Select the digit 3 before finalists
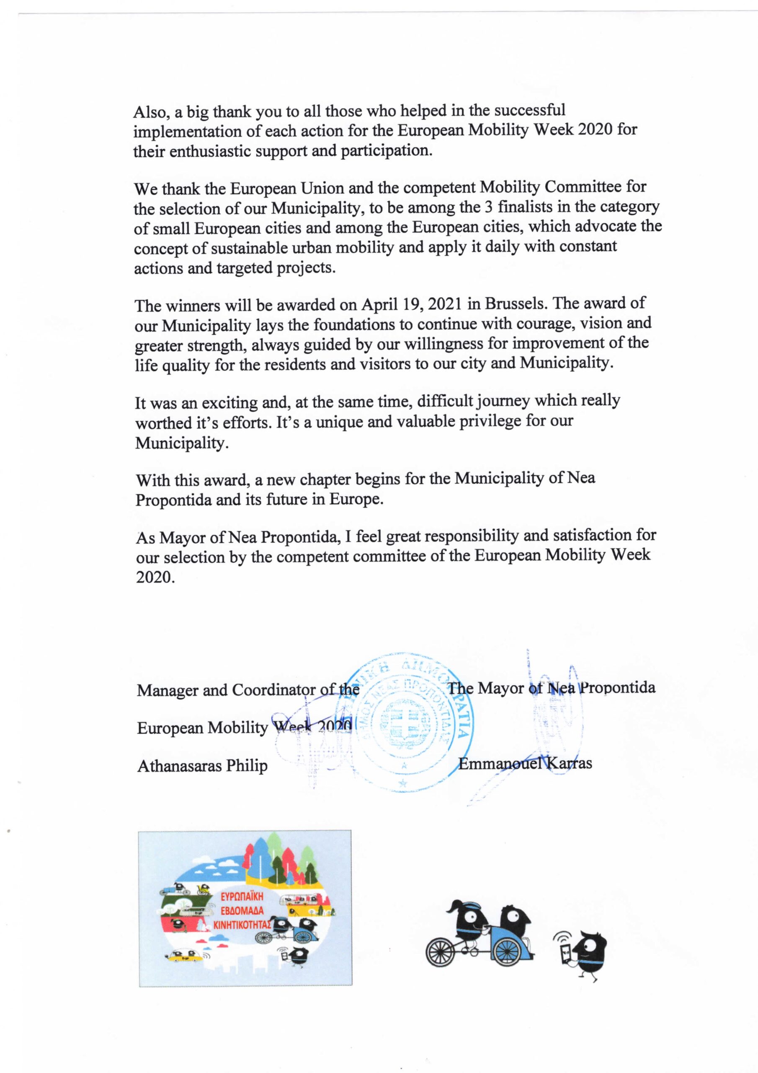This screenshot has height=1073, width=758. (x=490, y=207)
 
